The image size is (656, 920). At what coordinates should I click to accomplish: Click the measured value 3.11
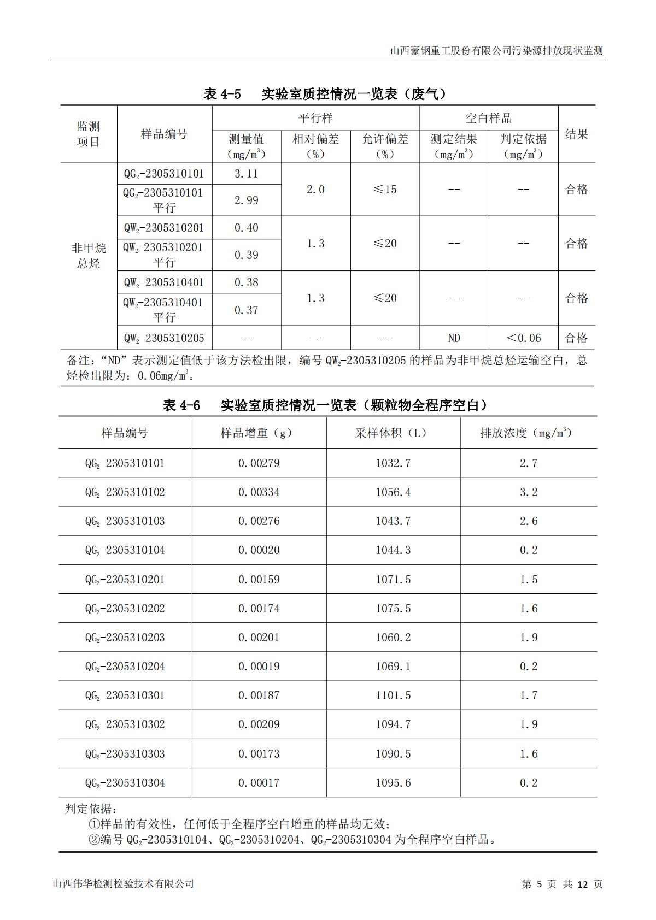click(246, 174)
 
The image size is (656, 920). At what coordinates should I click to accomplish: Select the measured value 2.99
click(246, 200)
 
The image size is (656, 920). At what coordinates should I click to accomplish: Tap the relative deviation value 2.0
click(315, 190)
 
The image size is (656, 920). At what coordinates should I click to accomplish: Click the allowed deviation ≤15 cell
click(385, 190)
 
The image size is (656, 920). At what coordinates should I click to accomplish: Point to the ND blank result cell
click(454, 338)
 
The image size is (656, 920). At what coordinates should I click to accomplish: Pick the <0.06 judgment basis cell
click(523, 338)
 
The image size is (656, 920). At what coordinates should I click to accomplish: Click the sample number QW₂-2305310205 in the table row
click(164, 338)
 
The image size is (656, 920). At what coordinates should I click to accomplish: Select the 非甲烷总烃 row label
click(89, 256)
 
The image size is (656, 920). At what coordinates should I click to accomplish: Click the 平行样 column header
click(315, 118)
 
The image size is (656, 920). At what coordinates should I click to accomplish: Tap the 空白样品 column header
click(489, 118)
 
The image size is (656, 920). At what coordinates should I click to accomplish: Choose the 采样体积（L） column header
click(393, 433)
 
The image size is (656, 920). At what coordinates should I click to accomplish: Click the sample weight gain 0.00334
click(259, 492)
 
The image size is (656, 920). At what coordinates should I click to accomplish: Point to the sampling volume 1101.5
click(393, 695)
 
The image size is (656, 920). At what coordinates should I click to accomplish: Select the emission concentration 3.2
click(529, 492)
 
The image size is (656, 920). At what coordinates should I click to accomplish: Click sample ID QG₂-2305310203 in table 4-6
click(125, 638)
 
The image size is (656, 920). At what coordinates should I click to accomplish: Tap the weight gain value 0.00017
click(259, 783)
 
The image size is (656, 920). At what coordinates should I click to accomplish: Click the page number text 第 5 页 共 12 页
click(562, 884)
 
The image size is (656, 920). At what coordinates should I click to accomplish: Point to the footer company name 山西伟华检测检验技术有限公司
click(123, 884)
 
